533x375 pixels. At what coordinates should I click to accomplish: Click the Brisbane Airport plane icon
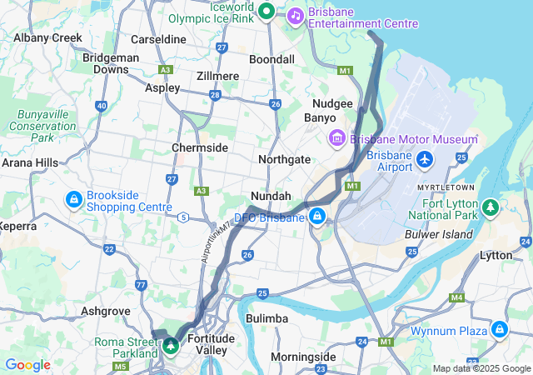coord(425,158)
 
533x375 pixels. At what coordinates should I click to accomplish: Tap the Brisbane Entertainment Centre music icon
coord(295,15)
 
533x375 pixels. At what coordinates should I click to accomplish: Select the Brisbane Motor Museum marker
coord(337,137)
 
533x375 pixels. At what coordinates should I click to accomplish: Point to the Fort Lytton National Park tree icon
coord(491,205)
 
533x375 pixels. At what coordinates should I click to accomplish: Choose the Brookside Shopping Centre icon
coord(74,200)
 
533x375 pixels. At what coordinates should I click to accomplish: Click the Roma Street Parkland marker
coord(171,344)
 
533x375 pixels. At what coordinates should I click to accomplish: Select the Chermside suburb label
coord(200,147)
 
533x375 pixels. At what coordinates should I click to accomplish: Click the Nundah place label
coord(271,196)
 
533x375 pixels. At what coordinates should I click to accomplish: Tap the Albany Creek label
coord(48,37)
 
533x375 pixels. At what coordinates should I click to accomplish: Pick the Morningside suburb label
coord(303,357)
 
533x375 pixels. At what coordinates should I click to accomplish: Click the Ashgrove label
coord(105,311)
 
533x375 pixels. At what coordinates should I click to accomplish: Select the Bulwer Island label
coord(438,234)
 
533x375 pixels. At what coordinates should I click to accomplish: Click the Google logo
coord(27,365)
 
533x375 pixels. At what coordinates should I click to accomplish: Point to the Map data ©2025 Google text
coord(481,368)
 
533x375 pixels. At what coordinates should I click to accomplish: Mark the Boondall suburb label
coord(271,60)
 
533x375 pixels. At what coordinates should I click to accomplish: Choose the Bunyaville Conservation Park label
coord(42,125)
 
